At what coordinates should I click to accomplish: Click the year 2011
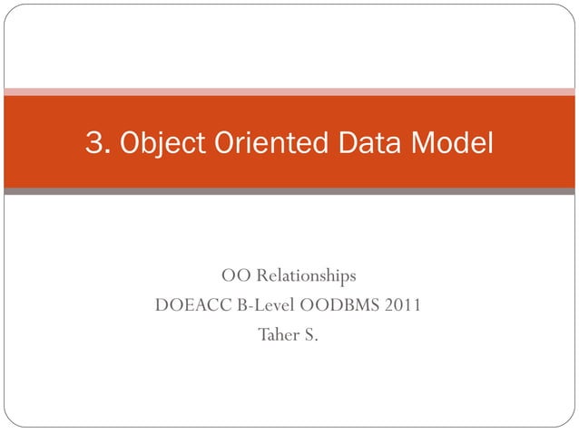point(402,305)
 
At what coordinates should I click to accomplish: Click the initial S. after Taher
point(310,335)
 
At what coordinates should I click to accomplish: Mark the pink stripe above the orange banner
point(289,91)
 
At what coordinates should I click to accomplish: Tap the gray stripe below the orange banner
point(289,191)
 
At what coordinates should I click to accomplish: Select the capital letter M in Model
point(426,142)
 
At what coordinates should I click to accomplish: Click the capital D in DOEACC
point(162,305)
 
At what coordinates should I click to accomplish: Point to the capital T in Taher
point(264,335)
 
